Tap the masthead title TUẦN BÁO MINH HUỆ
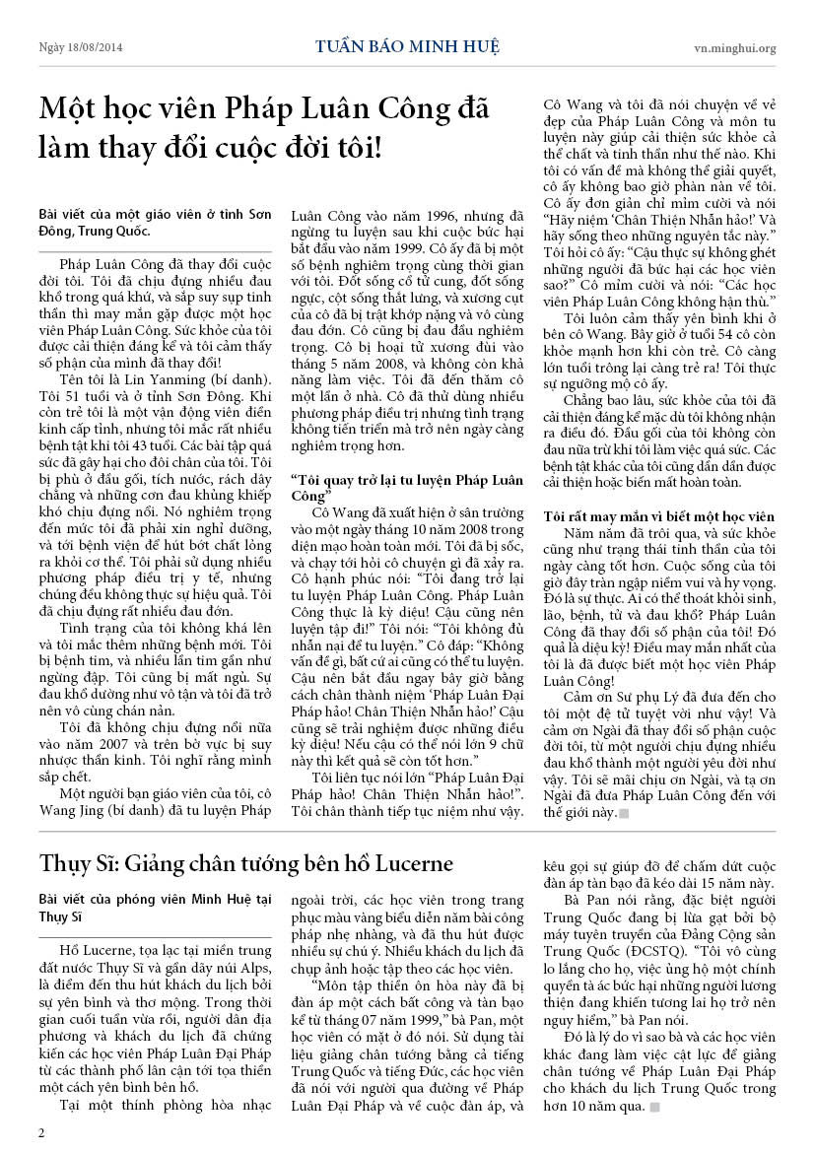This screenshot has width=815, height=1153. pos(407,46)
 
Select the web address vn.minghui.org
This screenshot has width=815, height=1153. pos(734,47)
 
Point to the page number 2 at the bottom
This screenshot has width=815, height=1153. pos(41,1132)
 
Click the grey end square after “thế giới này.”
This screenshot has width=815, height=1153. pos(623,813)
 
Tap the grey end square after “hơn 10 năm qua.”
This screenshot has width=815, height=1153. pos(654,1107)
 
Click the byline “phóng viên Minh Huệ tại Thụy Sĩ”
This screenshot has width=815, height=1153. pos(154,908)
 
